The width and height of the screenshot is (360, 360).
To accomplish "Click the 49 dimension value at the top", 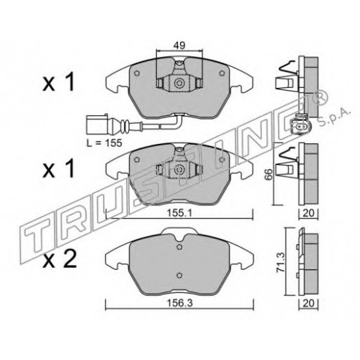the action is click(x=179, y=45).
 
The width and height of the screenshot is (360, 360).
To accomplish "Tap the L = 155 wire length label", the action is click(x=104, y=143).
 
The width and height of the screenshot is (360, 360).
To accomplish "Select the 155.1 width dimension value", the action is click(x=179, y=213).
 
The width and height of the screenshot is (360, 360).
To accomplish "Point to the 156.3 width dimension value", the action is click(x=180, y=303).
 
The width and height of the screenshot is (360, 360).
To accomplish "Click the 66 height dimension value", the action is click(x=269, y=174).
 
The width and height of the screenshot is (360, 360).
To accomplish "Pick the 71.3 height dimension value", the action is click(x=280, y=262).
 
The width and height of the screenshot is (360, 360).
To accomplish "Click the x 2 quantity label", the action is click(x=59, y=259).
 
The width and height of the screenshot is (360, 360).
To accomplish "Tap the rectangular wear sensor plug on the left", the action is click(x=97, y=125).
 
